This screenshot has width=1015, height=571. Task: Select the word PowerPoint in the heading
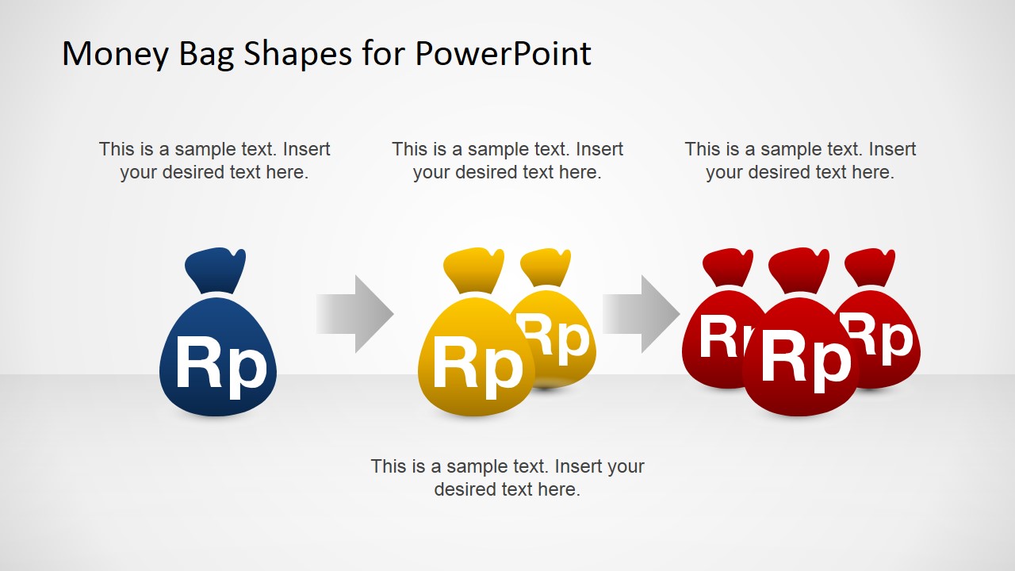coord(503,54)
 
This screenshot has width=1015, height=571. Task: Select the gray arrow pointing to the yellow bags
coord(354,313)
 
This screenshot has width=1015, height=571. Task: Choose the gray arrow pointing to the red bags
coord(641,313)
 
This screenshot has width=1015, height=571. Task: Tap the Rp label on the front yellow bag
coord(477,366)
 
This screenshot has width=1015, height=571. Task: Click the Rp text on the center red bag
coord(805,359)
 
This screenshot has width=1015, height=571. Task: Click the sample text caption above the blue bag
coord(214,160)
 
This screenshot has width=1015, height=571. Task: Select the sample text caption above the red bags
coord(800,160)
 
